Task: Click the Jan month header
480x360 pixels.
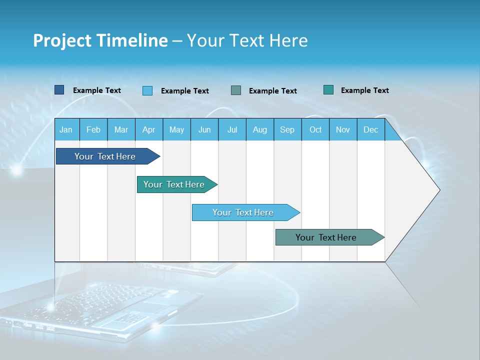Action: pos(66,129)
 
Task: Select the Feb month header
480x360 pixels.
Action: pos(93,129)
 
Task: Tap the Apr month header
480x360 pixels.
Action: pos(148,129)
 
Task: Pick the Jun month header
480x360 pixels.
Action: pos(204,129)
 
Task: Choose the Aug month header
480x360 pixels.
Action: pos(259,129)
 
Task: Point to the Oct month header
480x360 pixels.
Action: pos(315,129)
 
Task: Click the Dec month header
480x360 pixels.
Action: pos(370,129)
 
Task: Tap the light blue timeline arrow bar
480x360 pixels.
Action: pos(244,212)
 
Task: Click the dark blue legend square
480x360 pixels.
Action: pos(59,90)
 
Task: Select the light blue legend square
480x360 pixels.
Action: pos(147,90)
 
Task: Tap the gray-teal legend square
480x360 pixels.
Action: pos(236,90)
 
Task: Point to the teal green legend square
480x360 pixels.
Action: pos(328,90)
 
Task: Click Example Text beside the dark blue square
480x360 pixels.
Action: pos(97,90)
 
